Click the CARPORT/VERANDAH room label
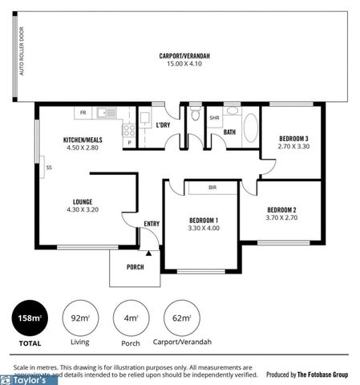pyautogui.click(x=184, y=55)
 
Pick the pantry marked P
pyautogui.click(x=128, y=143)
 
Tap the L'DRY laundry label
pyautogui.click(x=163, y=125)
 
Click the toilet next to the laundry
pyautogui.click(x=196, y=115)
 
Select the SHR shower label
pyautogui.click(x=214, y=118)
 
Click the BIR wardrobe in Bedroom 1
pyautogui.click(x=212, y=188)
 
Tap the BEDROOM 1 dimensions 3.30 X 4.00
pyautogui.click(x=204, y=228)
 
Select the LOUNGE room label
pyautogui.click(x=83, y=201)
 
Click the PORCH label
pyautogui.click(x=136, y=266)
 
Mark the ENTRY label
pyautogui.click(x=152, y=224)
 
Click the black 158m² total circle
pyautogui.click(x=30, y=318)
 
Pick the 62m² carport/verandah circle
pyautogui.click(x=181, y=318)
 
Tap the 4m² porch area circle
pyautogui.click(x=130, y=318)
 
